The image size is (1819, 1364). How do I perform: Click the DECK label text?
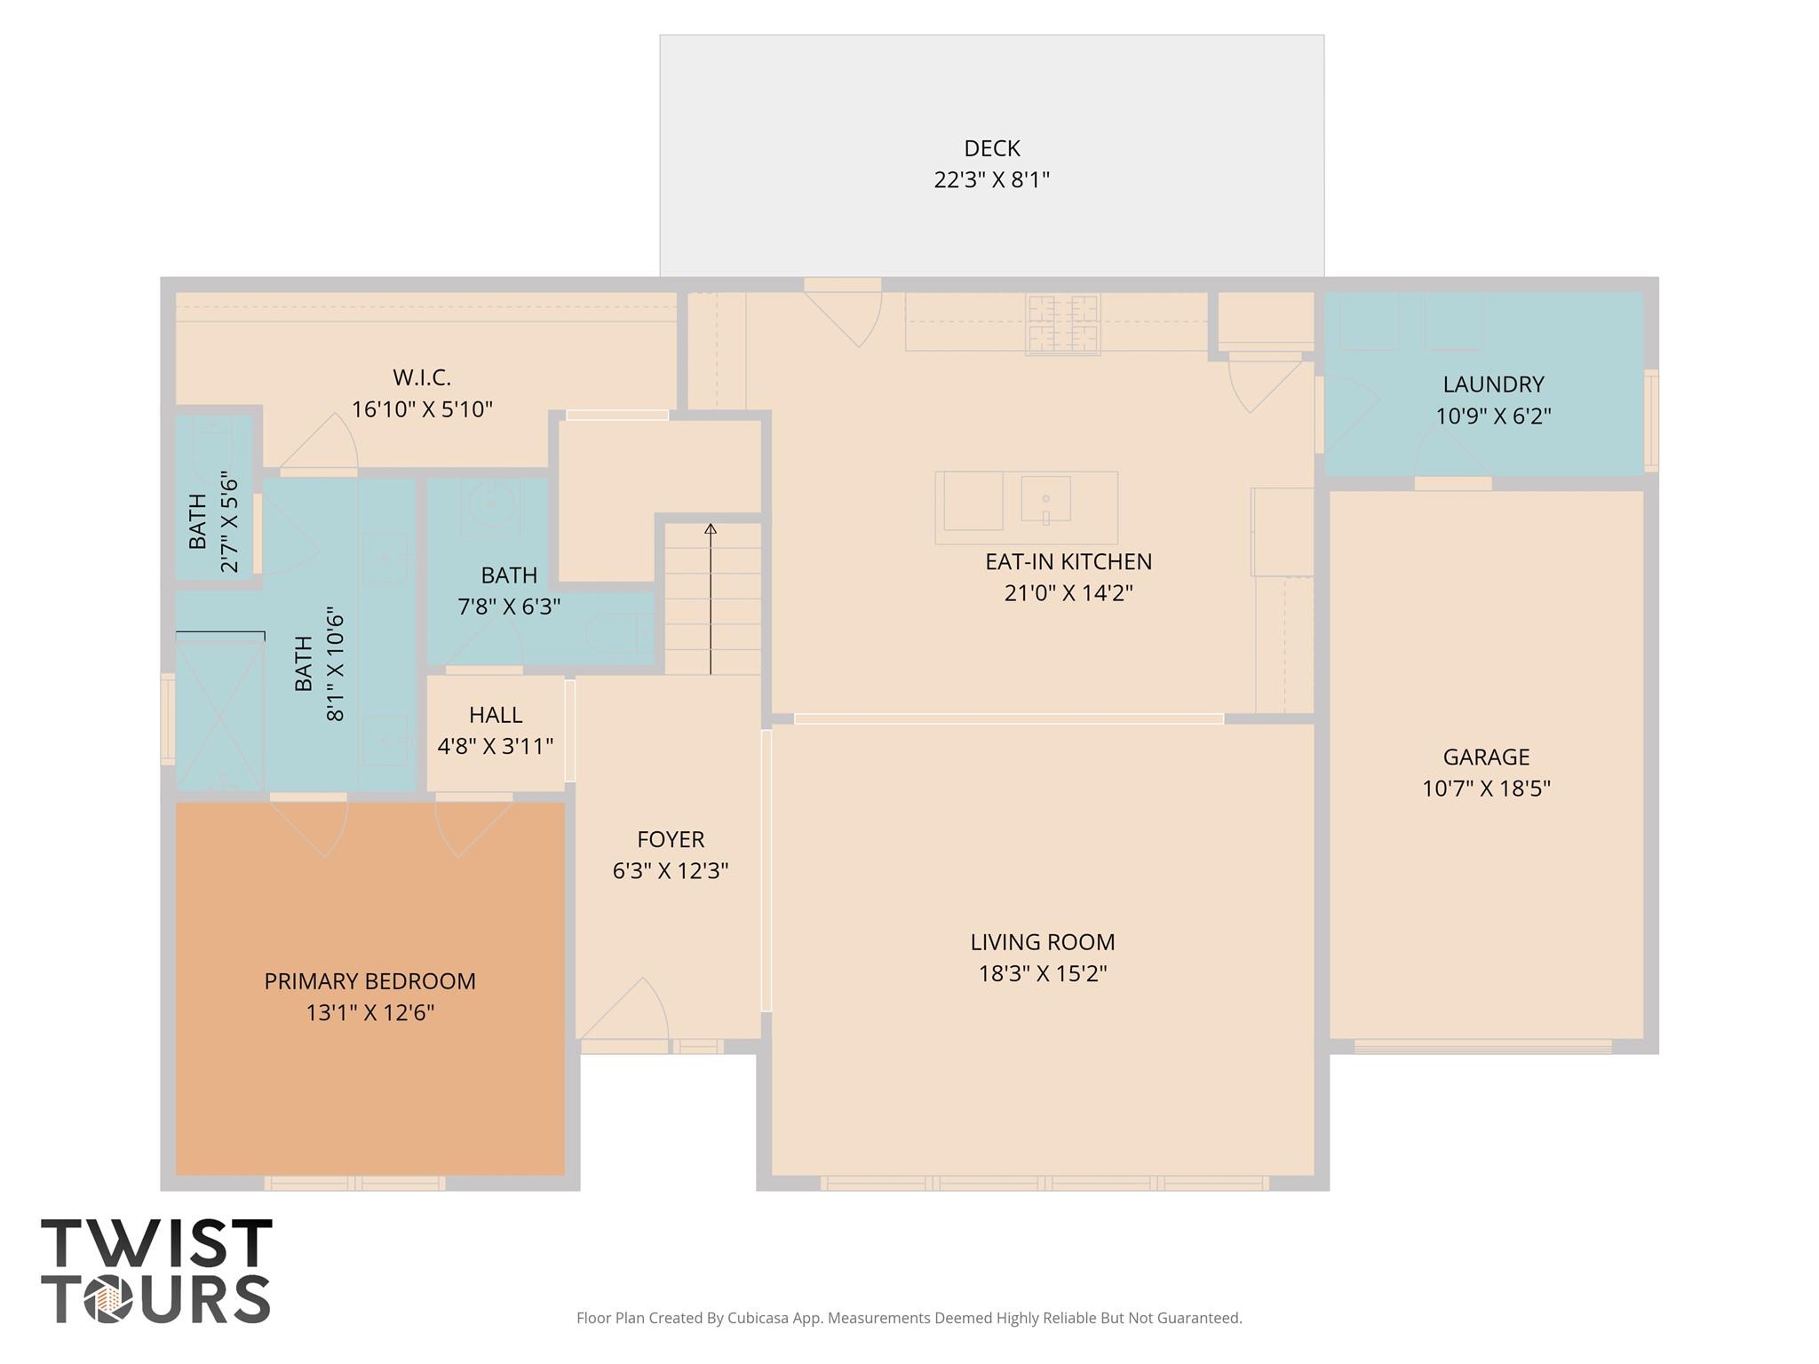pyautogui.click(x=991, y=148)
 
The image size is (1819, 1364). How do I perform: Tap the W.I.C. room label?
pyautogui.click(x=422, y=377)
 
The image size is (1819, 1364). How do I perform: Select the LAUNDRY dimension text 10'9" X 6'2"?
pyautogui.click(x=1493, y=416)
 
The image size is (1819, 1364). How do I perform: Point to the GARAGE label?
pyautogui.click(x=1486, y=757)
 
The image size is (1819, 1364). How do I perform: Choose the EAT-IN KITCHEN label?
pyautogui.click(x=1068, y=561)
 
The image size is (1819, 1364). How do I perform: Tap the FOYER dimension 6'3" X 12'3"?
pyautogui.click(x=671, y=870)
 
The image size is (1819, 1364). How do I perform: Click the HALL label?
pyautogui.click(x=496, y=715)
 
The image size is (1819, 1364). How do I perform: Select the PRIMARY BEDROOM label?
pyautogui.click(x=370, y=981)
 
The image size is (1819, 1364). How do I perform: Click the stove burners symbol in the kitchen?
pyautogui.click(x=1063, y=324)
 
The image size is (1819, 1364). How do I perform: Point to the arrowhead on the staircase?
pyautogui.click(x=711, y=529)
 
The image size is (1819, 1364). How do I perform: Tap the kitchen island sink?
pyautogui.click(x=1045, y=499)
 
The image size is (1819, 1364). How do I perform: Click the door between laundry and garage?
pyautogui.click(x=1453, y=457)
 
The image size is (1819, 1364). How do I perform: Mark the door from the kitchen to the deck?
pyautogui.click(x=843, y=314)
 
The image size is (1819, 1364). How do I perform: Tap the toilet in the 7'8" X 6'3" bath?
pyautogui.click(x=620, y=632)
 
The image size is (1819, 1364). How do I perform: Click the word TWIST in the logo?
pyautogui.click(x=157, y=1243)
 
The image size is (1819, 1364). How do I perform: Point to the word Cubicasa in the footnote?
pyautogui.click(x=760, y=1318)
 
